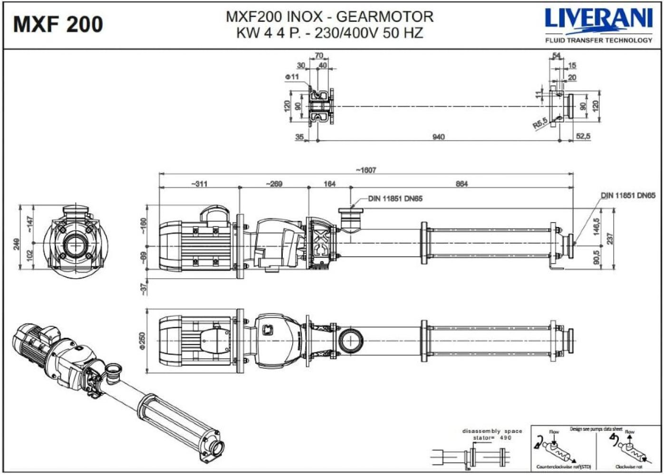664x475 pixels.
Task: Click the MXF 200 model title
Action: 58,24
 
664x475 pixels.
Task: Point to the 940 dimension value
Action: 438,137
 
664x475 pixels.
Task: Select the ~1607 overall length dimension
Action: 366,170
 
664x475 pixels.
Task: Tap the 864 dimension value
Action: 462,184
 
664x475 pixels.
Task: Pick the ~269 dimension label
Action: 274,184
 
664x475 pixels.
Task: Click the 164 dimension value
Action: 329,184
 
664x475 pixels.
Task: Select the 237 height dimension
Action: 610,237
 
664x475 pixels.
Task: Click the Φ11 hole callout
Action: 292,76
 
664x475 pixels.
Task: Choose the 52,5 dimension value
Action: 583,136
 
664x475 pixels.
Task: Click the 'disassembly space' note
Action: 492,431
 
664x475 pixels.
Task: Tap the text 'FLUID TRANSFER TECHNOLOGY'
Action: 598,40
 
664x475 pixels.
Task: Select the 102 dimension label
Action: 29,256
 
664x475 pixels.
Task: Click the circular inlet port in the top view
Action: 351,341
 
